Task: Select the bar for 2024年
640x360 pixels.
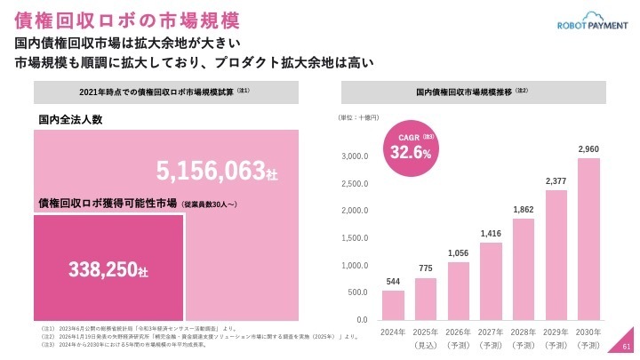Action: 393,304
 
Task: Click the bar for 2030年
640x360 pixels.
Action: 588,238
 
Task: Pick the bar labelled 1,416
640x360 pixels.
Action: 491,280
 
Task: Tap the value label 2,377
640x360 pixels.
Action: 556,181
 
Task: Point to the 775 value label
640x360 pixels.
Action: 426,269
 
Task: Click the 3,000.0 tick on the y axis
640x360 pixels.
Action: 355,156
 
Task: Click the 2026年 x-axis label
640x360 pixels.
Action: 459,332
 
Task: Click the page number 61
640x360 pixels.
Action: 626,348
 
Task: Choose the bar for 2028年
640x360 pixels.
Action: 524,268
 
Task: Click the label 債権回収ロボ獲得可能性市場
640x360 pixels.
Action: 108,204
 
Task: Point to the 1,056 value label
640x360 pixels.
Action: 458,253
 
